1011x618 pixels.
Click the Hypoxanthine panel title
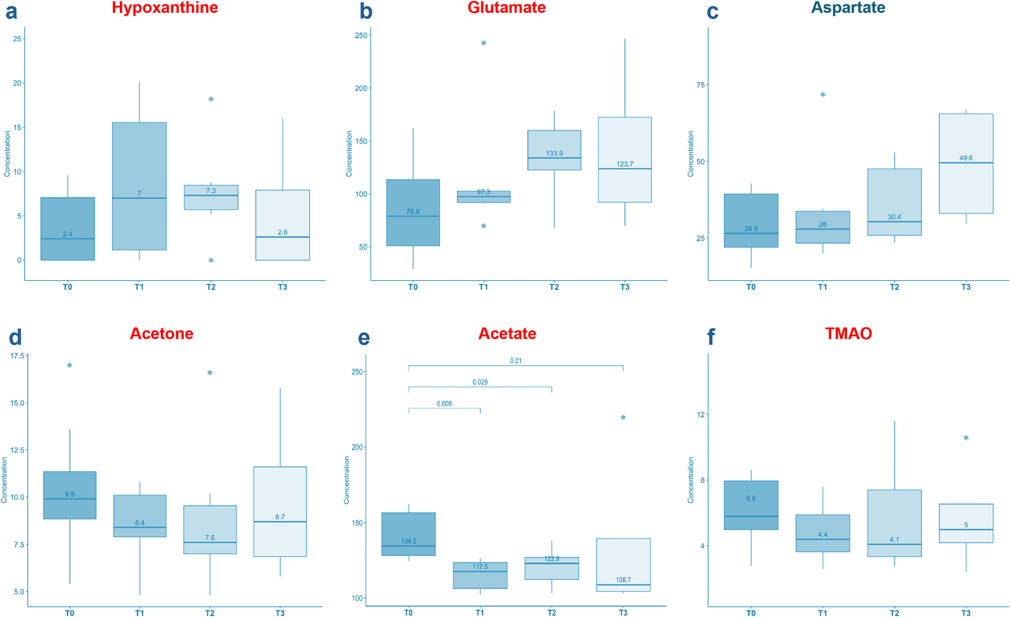click(164, 8)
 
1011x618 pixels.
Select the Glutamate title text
click(506, 8)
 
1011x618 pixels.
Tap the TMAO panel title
click(848, 333)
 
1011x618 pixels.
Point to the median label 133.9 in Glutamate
click(554, 153)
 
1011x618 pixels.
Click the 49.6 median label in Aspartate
click(966, 158)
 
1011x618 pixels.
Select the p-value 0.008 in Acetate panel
click(444, 404)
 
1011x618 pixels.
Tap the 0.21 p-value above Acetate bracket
click(516, 361)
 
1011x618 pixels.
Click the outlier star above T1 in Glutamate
click(484, 43)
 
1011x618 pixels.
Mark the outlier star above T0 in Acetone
click(70, 365)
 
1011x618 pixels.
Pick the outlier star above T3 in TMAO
click(966, 438)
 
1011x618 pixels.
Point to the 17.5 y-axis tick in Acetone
click(16, 356)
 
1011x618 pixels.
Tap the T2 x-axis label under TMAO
click(894, 613)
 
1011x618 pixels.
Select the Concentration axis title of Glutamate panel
click(349, 154)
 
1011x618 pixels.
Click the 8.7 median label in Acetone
click(280, 516)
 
